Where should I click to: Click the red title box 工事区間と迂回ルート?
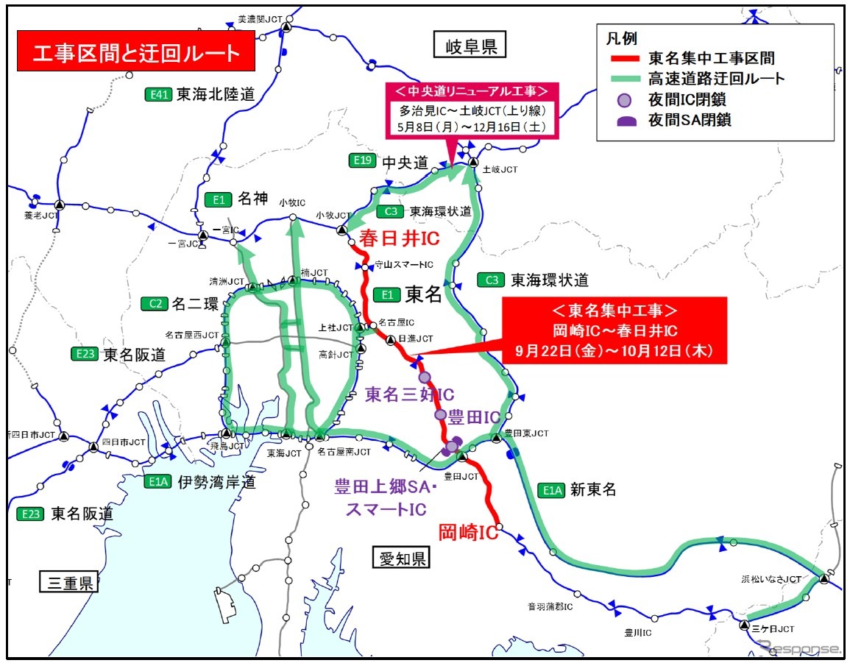point(136,52)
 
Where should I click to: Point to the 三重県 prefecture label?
point(68,583)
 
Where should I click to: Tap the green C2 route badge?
point(155,302)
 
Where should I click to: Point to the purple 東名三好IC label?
point(410,394)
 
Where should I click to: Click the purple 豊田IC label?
point(475,417)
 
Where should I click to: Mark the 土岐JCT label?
point(500,169)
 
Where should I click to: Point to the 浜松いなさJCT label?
point(771,580)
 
